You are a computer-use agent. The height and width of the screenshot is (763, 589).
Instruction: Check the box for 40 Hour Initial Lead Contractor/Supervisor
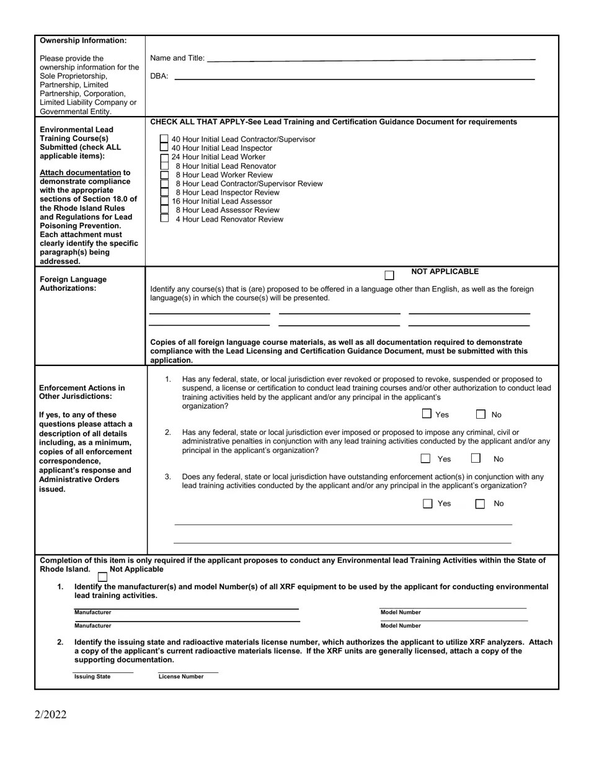pos(164,140)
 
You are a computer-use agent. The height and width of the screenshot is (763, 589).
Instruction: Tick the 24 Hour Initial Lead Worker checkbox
pos(164,158)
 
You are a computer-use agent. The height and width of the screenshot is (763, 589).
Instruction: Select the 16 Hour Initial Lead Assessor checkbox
pos(164,201)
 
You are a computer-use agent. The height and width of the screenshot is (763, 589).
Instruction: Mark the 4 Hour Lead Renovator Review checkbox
pos(164,218)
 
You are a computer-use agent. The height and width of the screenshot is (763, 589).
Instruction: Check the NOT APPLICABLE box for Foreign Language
pos(389,275)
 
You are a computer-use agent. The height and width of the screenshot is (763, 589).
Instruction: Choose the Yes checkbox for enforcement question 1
pos(427,414)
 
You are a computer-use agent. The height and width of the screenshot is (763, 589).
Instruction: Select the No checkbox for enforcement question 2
pos(476,458)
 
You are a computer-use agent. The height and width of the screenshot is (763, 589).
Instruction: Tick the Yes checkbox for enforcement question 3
pos(427,504)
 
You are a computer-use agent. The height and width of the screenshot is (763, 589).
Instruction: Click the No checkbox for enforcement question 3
pos(480,504)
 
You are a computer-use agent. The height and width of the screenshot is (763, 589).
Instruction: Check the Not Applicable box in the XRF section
pos(103,577)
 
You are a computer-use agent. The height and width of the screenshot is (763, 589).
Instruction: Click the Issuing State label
pos(92,677)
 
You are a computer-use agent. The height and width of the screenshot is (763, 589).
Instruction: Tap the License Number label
pos(181,677)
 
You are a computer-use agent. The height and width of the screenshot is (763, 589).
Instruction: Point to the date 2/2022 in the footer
pos(50,714)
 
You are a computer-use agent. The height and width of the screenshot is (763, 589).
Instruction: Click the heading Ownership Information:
pos(83,41)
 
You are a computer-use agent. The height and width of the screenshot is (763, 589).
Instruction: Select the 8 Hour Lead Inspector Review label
pos(228,192)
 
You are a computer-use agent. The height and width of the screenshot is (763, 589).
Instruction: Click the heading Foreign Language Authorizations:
pos(73,283)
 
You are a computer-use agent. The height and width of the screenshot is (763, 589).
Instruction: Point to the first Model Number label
pos(401,613)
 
